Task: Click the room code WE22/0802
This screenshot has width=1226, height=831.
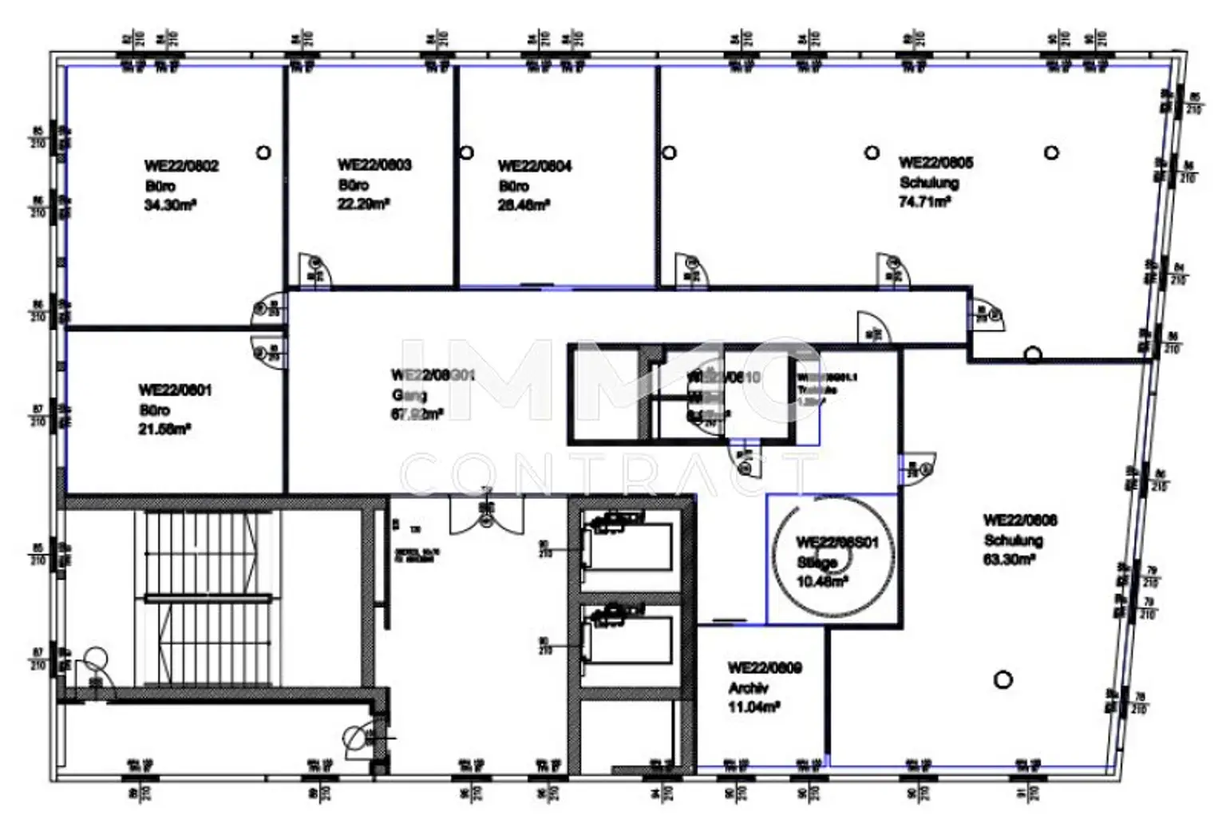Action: click(x=181, y=166)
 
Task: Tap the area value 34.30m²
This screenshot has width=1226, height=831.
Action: click(x=170, y=205)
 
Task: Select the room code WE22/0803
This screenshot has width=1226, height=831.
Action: click(x=374, y=165)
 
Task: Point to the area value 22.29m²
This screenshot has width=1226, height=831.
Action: click(x=363, y=204)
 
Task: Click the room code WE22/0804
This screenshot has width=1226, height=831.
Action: click(x=535, y=166)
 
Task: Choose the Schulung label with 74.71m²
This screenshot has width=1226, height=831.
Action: click(x=929, y=183)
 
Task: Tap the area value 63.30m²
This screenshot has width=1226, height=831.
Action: click(x=1009, y=560)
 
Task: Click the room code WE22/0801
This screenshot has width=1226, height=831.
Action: click(x=175, y=390)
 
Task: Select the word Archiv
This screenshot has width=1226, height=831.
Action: click(x=748, y=688)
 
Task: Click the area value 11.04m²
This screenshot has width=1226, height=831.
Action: click(x=753, y=707)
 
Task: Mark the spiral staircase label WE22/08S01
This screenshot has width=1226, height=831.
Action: click(x=836, y=543)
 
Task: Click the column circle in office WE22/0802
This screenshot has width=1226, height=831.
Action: click(x=263, y=152)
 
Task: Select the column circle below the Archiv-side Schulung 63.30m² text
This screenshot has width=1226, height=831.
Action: click(x=1003, y=679)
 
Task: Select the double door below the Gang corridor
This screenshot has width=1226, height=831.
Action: click(x=485, y=514)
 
